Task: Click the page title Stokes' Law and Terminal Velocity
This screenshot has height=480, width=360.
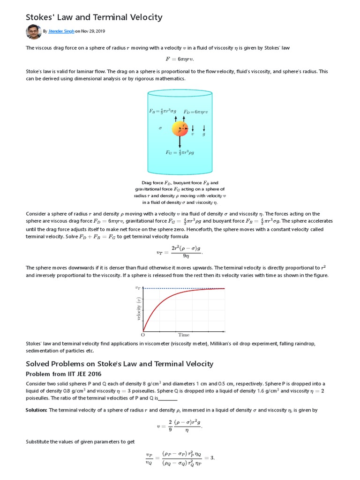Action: coord(94,17)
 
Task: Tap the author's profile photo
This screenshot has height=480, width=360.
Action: coord(34,32)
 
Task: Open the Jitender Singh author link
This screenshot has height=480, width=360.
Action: coord(61,32)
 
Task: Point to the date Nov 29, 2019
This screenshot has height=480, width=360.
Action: coord(93,32)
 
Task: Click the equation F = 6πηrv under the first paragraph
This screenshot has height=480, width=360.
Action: coord(180,59)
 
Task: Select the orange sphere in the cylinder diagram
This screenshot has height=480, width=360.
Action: coord(180,128)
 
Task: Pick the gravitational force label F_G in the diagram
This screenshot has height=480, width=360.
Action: coord(180,152)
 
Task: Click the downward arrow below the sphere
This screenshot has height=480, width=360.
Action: coord(180,142)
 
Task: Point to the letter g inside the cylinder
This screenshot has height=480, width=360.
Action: coord(204,134)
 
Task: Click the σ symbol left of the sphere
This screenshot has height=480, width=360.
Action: coord(160,128)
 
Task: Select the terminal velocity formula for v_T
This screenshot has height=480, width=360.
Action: coord(180,251)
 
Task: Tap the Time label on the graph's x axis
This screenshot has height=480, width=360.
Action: coord(184,335)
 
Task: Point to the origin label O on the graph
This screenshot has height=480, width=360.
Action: coord(143,335)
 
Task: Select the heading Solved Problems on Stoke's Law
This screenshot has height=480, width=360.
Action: coord(120,364)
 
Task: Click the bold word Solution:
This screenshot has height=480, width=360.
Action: coord(36,410)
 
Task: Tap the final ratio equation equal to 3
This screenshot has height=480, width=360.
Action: coord(180,458)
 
